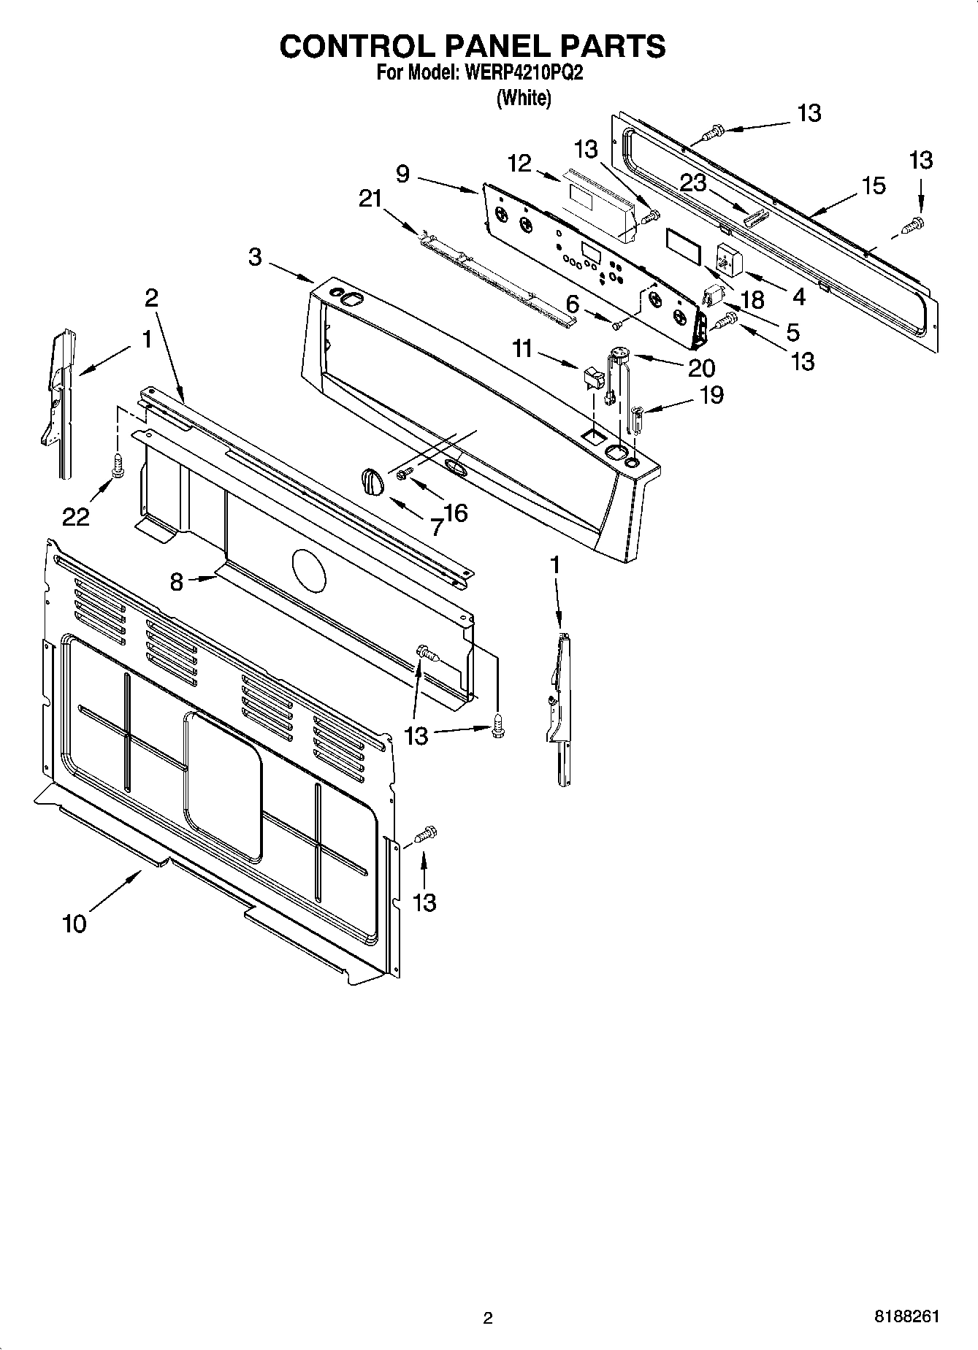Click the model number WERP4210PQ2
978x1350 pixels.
524,73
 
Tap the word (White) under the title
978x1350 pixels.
523,98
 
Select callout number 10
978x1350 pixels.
74,924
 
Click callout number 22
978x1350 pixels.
75,517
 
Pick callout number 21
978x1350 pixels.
370,198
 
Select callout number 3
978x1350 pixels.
255,257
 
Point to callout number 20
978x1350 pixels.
701,367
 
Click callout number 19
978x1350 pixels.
711,395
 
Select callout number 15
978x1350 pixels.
874,185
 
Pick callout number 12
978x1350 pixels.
519,164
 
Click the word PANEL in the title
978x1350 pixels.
472,46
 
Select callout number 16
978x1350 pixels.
455,513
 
